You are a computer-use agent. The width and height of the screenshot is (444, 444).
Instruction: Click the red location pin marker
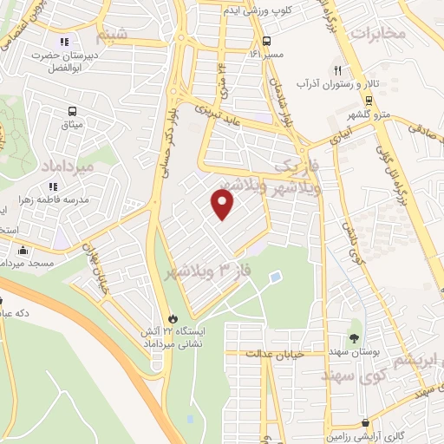point(223,205)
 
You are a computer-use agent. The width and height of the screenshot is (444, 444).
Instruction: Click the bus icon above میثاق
point(72,111)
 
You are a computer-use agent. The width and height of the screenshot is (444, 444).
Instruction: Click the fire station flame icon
point(173,318)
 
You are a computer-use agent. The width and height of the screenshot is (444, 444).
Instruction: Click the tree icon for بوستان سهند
point(353,337)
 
